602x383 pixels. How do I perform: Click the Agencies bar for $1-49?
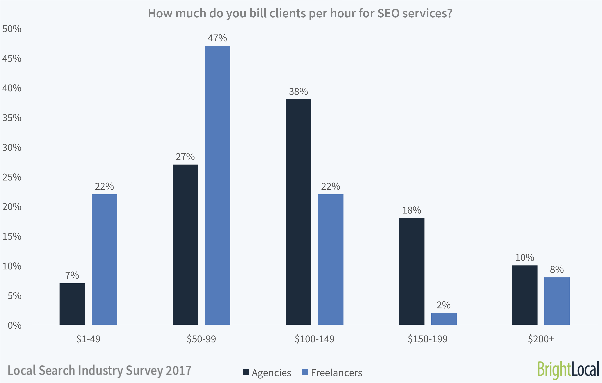point(72,304)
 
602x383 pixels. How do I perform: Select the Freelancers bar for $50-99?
point(218,185)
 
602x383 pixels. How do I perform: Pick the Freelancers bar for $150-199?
point(444,319)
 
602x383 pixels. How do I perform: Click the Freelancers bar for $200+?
point(557,301)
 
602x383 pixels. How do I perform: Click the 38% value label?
point(298,92)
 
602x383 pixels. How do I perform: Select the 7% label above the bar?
point(72,275)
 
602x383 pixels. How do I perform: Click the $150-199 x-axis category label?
point(427,339)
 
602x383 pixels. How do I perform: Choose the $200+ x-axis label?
point(541,339)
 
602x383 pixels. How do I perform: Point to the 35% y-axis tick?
point(12,118)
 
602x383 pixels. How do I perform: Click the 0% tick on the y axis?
point(14,326)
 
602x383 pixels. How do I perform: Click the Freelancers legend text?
point(336,373)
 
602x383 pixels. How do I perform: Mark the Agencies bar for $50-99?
point(185,244)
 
